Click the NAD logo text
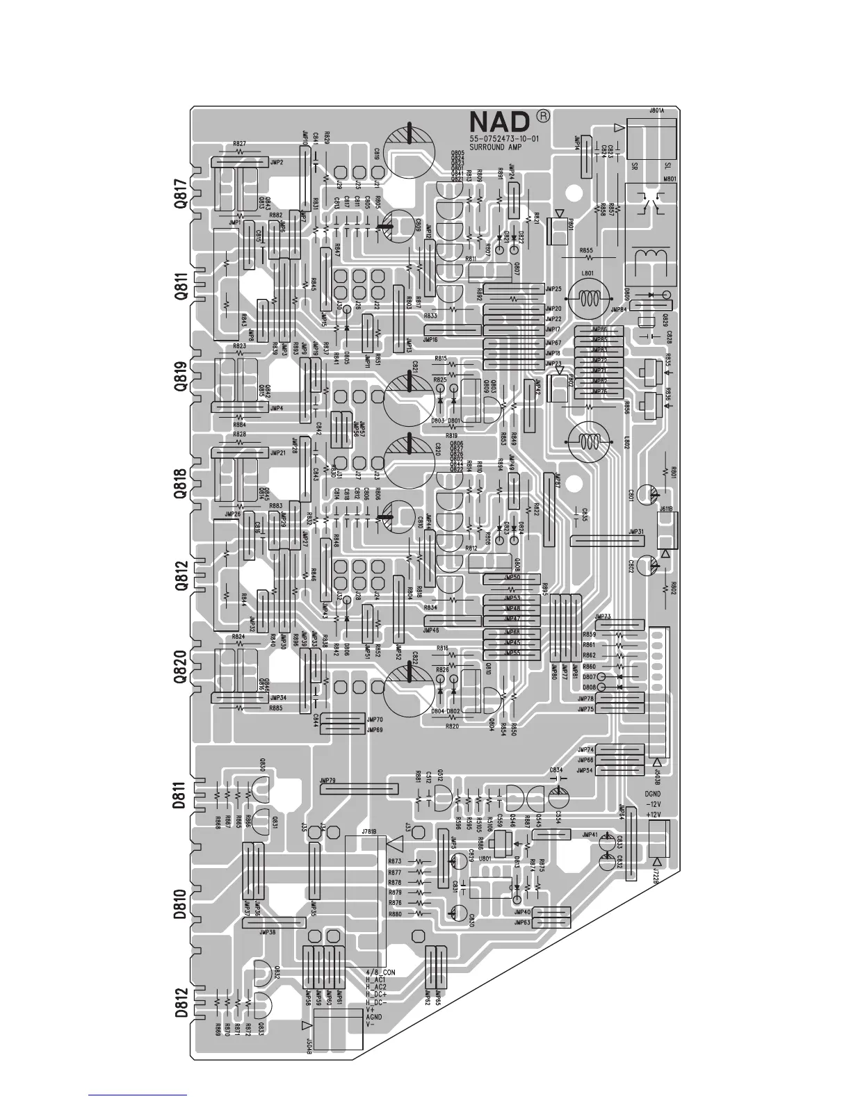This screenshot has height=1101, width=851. tap(500, 123)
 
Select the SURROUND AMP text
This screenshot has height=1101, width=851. tap(495, 147)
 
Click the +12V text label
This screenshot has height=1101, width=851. tap(654, 814)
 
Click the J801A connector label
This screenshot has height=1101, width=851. tap(656, 111)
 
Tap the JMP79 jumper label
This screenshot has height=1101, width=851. tap(327, 781)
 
